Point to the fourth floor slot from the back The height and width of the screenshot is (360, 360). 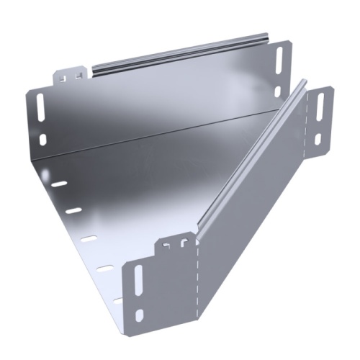[104, 267]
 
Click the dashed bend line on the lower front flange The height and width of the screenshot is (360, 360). [197, 288]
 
